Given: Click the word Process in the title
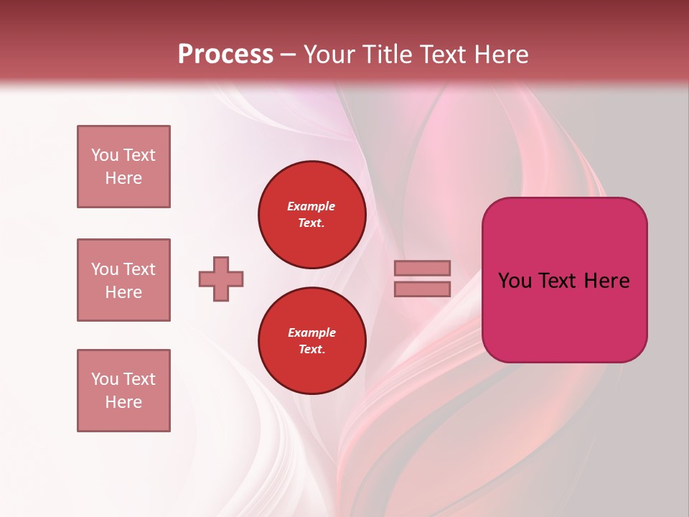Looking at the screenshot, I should (x=225, y=55).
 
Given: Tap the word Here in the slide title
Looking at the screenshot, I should (x=500, y=55).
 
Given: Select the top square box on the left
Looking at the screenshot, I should (x=123, y=167).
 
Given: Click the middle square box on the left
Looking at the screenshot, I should (x=123, y=280).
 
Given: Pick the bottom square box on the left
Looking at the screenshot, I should (x=123, y=391).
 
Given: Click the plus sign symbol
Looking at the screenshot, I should (x=221, y=279).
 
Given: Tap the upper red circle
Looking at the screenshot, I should (x=312, y=215).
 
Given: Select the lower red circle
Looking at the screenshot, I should (x=312, y=341).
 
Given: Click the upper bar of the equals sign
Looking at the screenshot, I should (x=422, y=269).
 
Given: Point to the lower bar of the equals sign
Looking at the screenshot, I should (x=422, y=289).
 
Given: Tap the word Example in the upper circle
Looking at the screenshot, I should (x=311, y=206).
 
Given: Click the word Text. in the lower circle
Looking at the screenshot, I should (x=311, y=350).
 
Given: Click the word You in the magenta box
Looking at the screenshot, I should (x=515, y=281).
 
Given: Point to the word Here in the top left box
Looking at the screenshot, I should (x=123, y=178).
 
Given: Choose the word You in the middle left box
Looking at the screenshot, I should (x=104, y=269).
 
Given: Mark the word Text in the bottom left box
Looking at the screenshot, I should (x=139, y=379).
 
